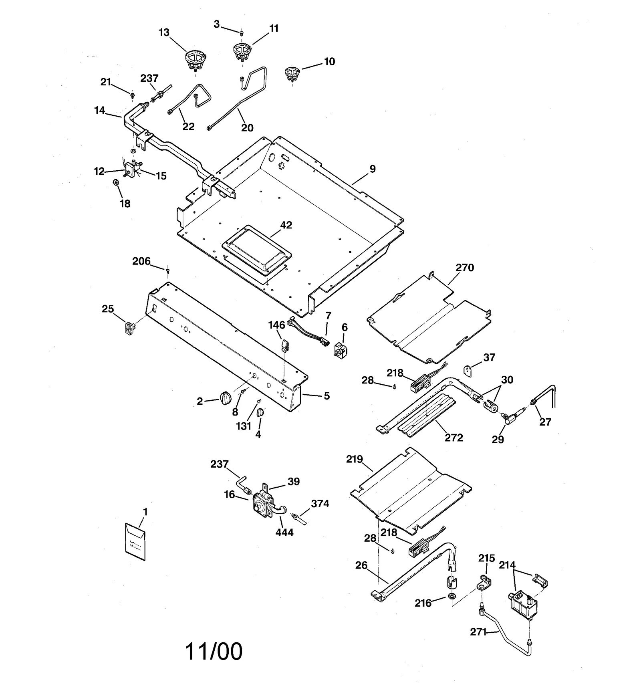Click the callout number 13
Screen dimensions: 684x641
(164, 32)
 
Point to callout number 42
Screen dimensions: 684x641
(286, 225)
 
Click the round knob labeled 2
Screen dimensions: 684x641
(226, 397)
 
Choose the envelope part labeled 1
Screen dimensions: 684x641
(135, 541)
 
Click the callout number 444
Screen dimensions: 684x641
(284, 532)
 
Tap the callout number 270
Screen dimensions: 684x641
(465, 268)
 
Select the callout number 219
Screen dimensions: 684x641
(355, 459)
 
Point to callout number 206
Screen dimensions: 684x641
(141, 261)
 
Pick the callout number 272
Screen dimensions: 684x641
(454, 438)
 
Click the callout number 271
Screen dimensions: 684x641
(478, 632)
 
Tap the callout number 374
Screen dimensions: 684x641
(320, 504)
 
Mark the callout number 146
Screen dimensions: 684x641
(276, 325)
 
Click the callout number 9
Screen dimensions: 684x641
(373, 169)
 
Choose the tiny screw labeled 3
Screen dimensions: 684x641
(242, 32)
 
